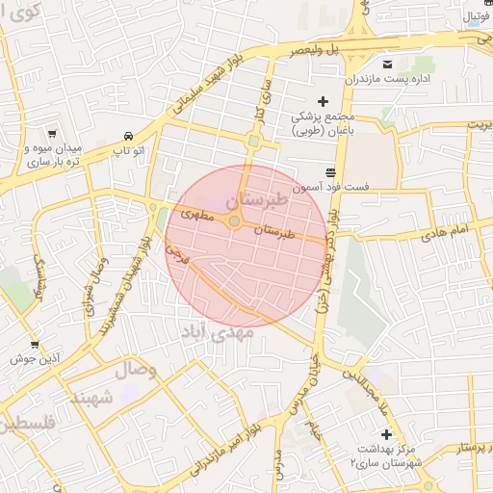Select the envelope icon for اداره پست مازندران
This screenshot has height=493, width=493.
tap(387, 65)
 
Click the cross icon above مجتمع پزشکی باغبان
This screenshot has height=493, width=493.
tap(323, 101)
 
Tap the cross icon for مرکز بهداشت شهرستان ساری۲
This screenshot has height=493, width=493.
tap(386, 434)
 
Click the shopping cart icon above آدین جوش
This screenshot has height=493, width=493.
tap(35, 344)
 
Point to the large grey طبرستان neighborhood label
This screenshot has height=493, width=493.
tap(255, 201)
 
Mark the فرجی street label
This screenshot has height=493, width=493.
tap(176, 254)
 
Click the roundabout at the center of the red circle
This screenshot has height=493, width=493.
tap(234, 221)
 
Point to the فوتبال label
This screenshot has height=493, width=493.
tap(474, 16)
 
